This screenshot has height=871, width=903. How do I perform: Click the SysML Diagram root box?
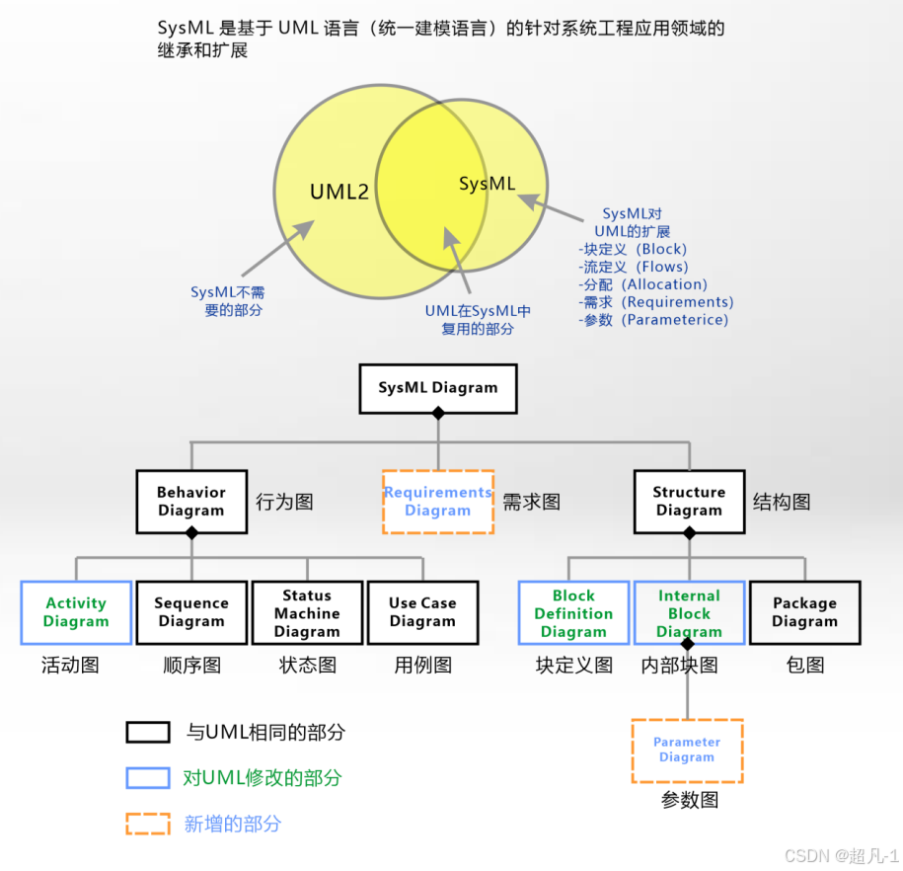[x=437, y=387]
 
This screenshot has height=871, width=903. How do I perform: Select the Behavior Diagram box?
[x=191, y=502]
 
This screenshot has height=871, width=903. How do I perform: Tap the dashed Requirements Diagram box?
[x=437, y=502]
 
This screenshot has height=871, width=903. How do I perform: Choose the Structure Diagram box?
[x=689, y=502]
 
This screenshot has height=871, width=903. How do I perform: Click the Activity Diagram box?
[x=76, y=612]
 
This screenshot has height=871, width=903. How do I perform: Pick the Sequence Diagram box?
[x=191, y=612]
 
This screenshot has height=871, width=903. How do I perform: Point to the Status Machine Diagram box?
[x=307, y=612]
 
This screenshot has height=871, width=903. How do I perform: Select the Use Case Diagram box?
[x=422, y=612]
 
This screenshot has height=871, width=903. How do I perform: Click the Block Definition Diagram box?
[x=573, y=612]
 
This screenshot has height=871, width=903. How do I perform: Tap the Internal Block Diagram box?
[x=689, y=612]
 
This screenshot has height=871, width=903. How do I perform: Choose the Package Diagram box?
[x=804, y=612]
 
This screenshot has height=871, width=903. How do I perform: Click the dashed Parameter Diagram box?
[x=687, y=751]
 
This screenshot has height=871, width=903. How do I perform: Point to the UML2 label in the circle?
[x=339, y=192]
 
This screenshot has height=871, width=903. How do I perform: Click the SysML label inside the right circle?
[x=488, y=184]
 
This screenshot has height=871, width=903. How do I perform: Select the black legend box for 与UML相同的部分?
[x=148, y=732]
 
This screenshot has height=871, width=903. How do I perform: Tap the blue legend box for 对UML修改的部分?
[x=148, y=777]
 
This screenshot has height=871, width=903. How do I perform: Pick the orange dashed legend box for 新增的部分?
[x=148, y=824]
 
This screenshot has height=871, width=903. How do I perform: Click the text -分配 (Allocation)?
[x=642, y=284]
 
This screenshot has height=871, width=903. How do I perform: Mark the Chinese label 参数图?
[x=689, y=800]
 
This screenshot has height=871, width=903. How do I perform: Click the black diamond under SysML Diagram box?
[x=438, y=414]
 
